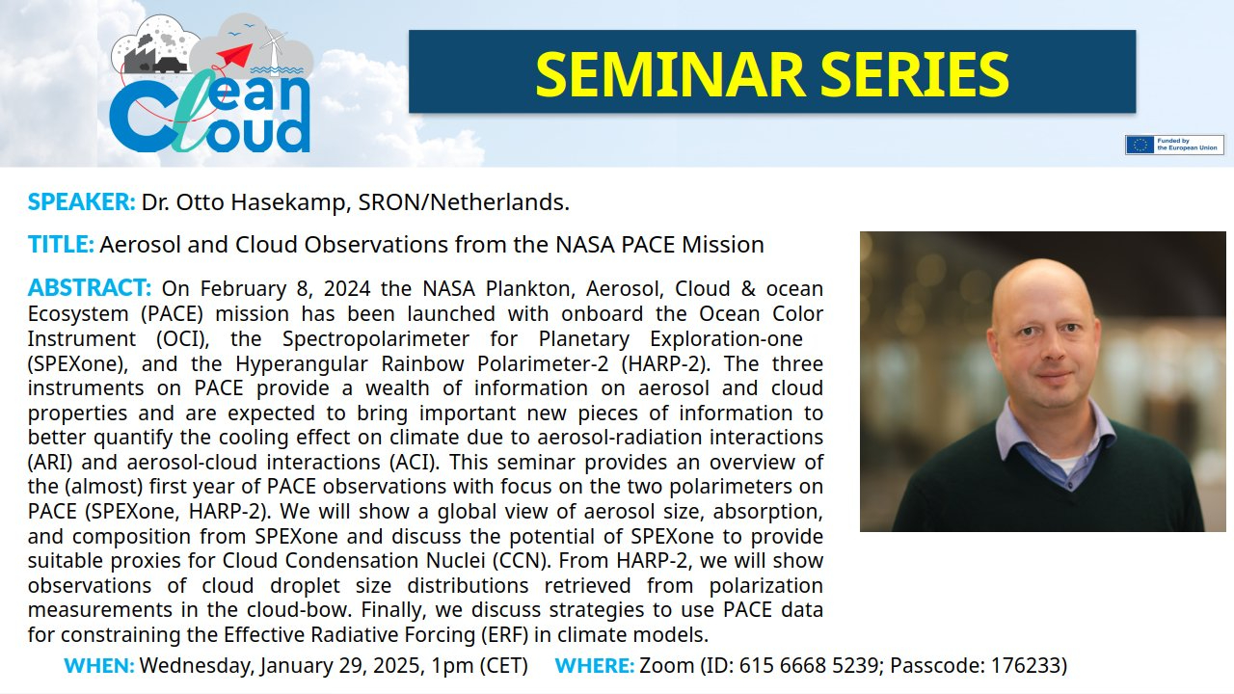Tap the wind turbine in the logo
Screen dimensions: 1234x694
272,48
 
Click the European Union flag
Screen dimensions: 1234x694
1140,145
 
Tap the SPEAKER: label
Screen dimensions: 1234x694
82,202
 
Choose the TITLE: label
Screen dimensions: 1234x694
61,245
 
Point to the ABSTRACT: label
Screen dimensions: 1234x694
90,287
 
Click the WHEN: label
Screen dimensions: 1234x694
99,665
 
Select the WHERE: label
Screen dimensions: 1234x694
595,665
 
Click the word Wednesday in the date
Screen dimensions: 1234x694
198,665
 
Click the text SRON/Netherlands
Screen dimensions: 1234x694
464,202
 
